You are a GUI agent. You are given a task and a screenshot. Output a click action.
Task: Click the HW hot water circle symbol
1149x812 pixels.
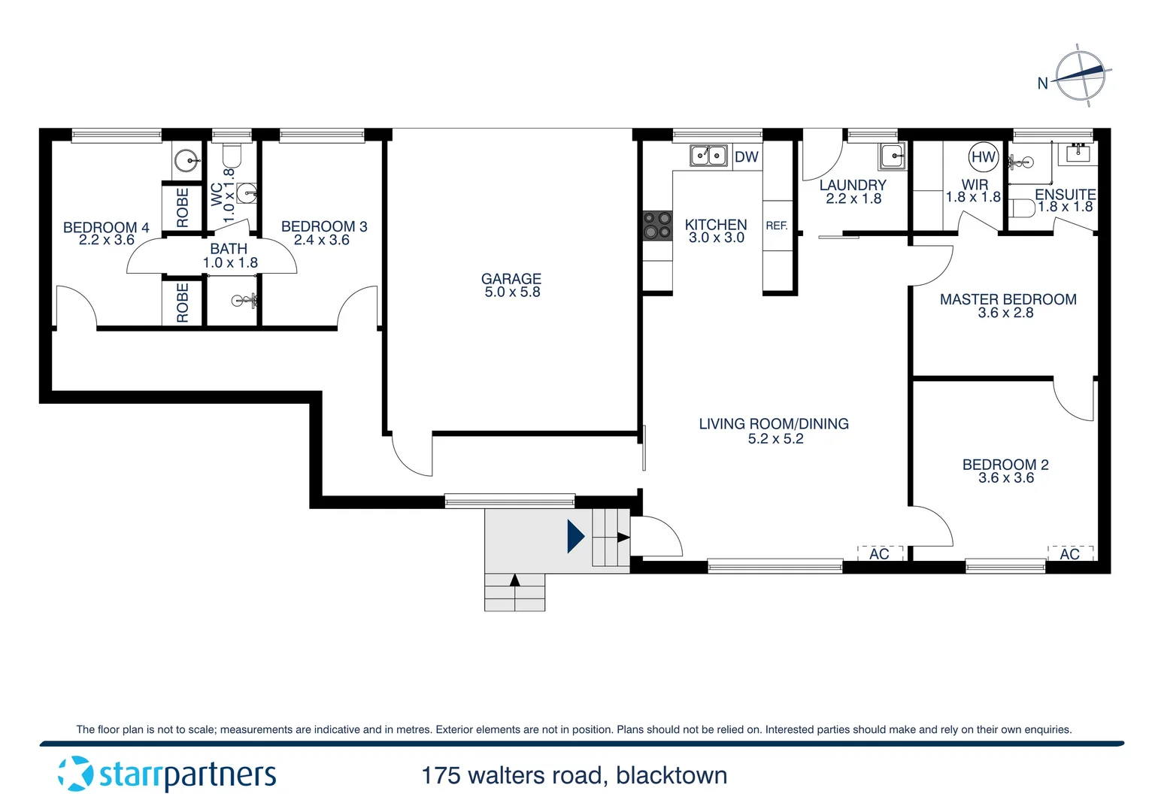(x=983, y=157)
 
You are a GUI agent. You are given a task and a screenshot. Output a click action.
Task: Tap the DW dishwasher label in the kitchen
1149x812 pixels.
(x=746, y=157)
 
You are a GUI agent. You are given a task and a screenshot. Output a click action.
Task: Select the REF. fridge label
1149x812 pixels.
(x=777, y=226)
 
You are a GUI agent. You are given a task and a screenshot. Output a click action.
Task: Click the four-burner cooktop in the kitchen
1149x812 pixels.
(x=656, y=225)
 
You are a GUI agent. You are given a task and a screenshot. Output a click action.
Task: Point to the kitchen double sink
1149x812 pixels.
(x=708, y=156)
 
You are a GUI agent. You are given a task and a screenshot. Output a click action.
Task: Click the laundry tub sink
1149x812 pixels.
(x=893, y=157)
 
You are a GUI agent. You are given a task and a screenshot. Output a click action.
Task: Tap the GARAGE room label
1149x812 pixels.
(x=511, y=279)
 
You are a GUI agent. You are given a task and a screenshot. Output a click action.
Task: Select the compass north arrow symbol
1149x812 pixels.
(x=1081, y=74)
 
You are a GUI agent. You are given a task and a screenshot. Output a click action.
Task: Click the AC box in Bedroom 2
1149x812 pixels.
(x=1070, y=554)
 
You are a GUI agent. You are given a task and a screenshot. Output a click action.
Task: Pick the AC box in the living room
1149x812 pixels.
(x=879, y=554)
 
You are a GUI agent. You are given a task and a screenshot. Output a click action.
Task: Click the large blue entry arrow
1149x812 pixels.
(x=575, y=537)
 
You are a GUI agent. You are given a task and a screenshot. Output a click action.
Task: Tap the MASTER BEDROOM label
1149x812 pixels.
(x=1008, y=299)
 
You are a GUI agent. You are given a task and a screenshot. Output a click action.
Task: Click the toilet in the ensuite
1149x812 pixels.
(x=1020, y=207)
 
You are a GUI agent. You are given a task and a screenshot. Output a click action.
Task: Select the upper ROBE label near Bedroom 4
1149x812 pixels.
(x=183, y=207)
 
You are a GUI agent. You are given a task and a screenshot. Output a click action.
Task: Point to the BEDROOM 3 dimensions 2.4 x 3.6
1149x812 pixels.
(x=321, y=241)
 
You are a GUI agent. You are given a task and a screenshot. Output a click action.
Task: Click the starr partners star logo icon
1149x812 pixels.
(x=75, y=774)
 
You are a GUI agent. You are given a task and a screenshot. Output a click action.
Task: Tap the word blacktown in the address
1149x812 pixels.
(x=672, y=775)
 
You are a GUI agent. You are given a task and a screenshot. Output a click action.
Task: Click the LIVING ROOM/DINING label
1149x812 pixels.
(x=774, y=424)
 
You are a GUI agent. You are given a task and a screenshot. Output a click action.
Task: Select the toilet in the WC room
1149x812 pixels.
(x=231, y=156)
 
